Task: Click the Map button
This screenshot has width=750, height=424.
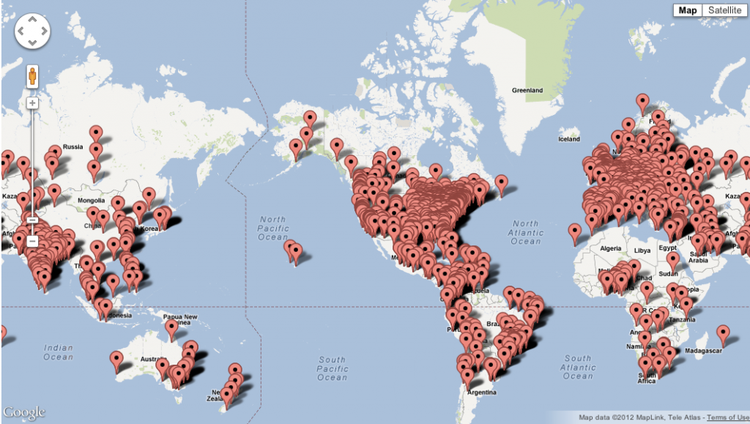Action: pyautogui.click(x=688, y=10)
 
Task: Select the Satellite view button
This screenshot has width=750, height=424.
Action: pyautogui.click(x=723, y=10)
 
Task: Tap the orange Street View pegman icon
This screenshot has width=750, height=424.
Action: pyautogui.click(x=32, y=77)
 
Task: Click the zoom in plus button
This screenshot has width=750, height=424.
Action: pyautogui.click(x=32, y=103)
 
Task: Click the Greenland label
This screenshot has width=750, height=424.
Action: pyautogui.click(x=527, y=90)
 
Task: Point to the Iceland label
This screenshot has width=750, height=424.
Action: pyautogui.click(x=569, y=138)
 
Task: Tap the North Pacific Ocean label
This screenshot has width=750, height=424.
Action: pyautogui.click(x=272, y=228)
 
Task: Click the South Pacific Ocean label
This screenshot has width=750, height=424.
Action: pyautogui.click(x=333, y=368)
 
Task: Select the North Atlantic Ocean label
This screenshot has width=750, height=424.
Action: pyautogui.click(x=525, y=232)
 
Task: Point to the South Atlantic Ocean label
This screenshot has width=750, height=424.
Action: pyautogui.click(x=577, y=368)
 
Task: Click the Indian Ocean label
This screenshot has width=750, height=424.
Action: pyautogui.click(x=59, y=352)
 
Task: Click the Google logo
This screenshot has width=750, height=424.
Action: pyautogui.click(x=23, y=412)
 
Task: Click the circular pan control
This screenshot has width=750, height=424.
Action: pyautogui.click(x=32, y=32)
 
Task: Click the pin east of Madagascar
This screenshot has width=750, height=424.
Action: pyautogui.click(x=724, y=335)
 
